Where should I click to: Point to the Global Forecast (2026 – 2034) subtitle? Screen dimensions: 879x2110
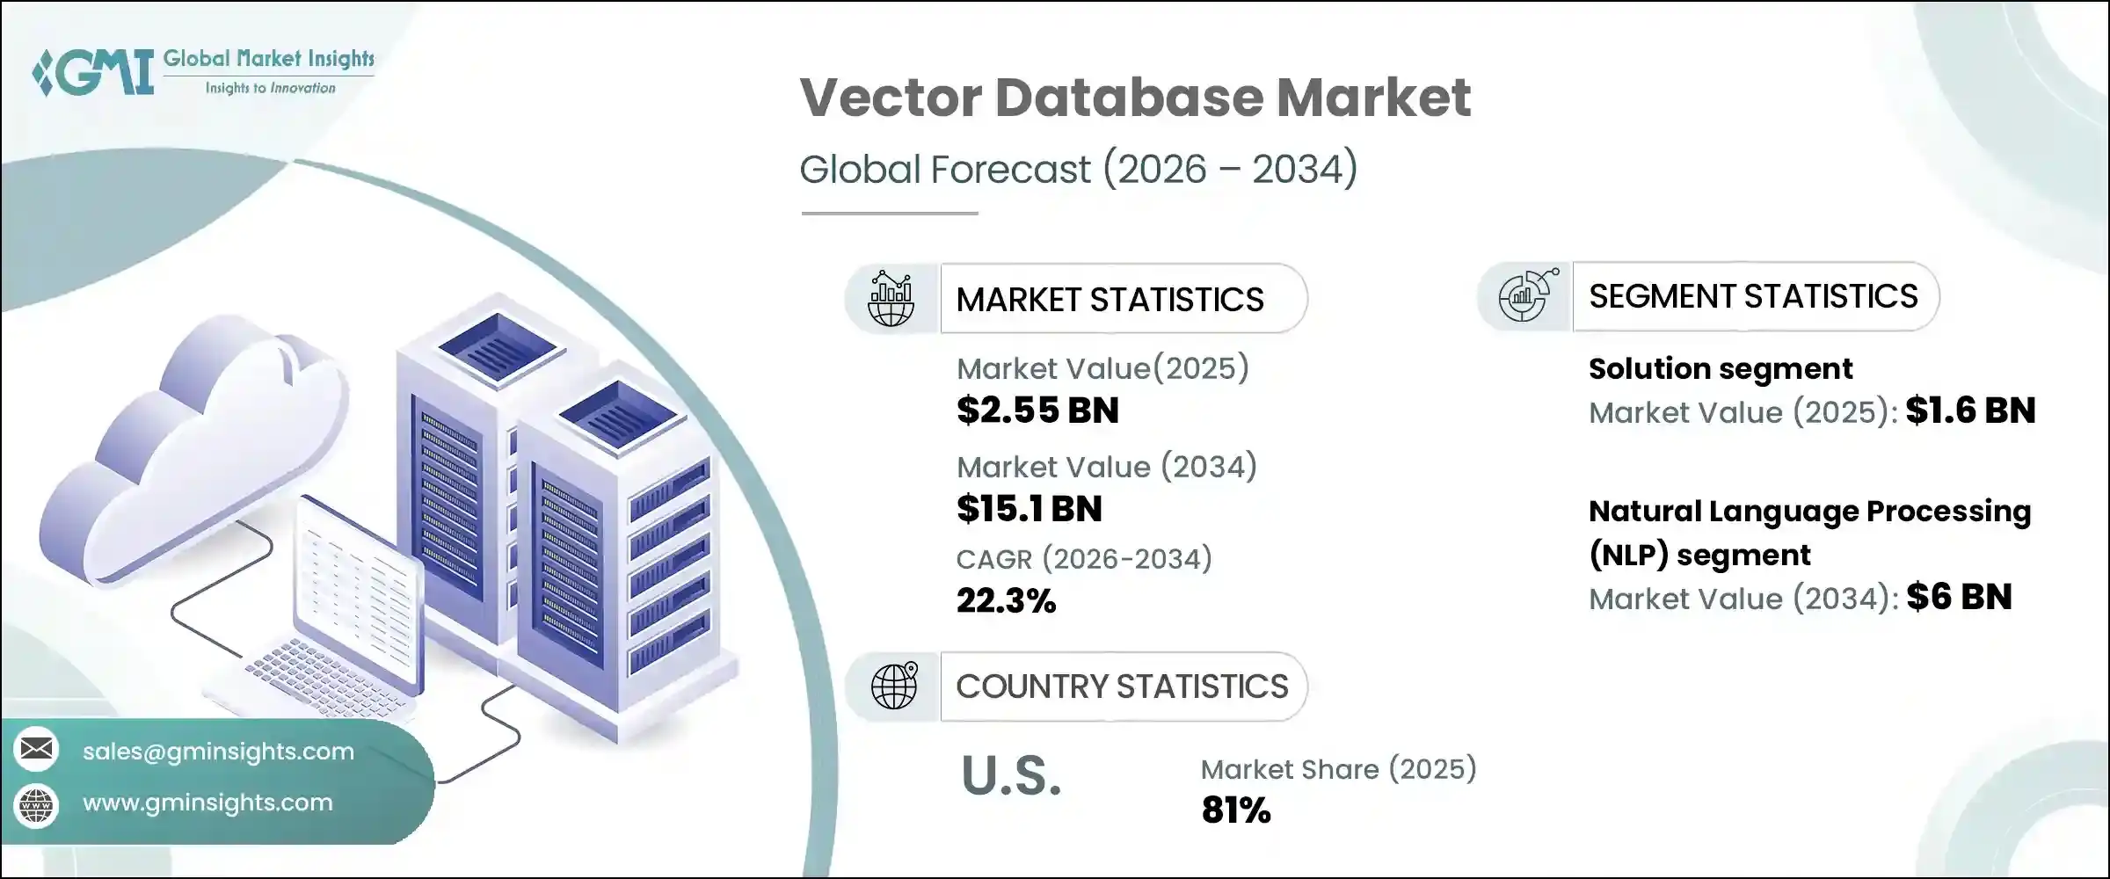tap(1078, 169)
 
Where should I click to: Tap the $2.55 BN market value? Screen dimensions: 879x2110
tap(1037, 410)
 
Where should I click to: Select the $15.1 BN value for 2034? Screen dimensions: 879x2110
tap(1029, 509)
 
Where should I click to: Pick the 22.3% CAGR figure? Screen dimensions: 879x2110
tap(1006, 601)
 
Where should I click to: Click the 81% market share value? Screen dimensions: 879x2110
tap(1235, 810)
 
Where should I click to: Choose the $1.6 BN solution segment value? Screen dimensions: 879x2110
tap(1970, 410)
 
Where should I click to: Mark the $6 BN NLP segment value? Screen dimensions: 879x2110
tap(1959, 598)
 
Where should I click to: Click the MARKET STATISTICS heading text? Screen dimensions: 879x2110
tap(1110, 300)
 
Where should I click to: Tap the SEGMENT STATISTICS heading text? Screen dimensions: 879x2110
tap(1753, 296)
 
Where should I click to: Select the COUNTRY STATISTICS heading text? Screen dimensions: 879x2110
tap(1122, 686)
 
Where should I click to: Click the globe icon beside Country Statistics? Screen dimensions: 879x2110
tap(893, 686)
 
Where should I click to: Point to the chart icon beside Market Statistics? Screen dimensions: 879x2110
tap(891, 299)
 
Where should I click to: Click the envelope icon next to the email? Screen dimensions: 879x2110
tap(37, 749)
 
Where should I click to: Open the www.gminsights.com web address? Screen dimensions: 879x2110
tap(207, 803)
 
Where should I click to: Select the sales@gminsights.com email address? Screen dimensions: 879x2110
tap(218, 752)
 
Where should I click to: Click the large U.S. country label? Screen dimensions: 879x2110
tap(1011, 776)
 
